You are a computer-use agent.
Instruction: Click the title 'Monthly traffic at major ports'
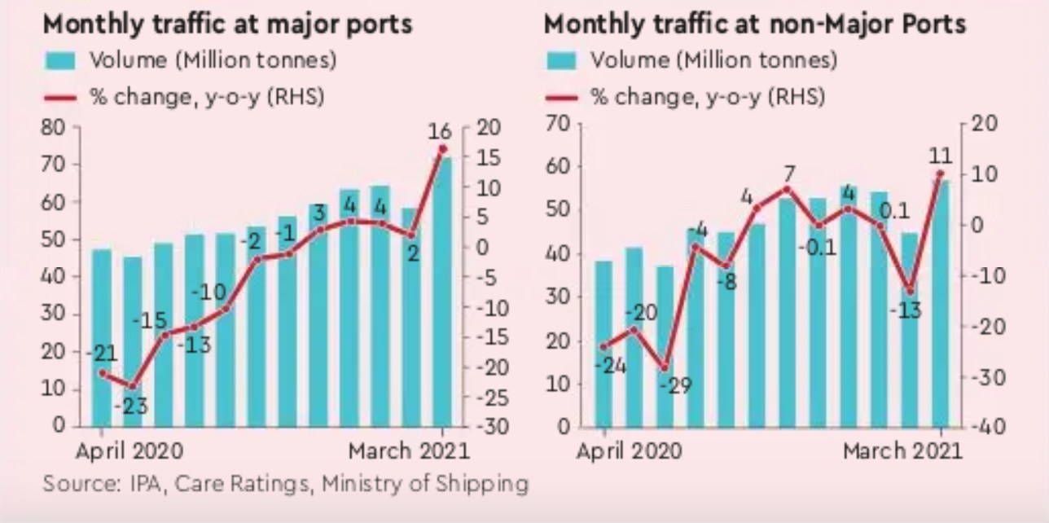pyautogui.click(x=227, y=24)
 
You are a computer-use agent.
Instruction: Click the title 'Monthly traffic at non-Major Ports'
pyautogui.click(x=755, y=24)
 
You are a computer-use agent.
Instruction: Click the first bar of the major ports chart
pyautogui.click(x=102, y=337)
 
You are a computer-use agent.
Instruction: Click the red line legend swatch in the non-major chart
pyautogui.click(x=560, y=98)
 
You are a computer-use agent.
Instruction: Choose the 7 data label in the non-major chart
pyautogui.click(x=787, y=174)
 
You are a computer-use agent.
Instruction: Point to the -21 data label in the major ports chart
pyautogui.click(x=102, y=354)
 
